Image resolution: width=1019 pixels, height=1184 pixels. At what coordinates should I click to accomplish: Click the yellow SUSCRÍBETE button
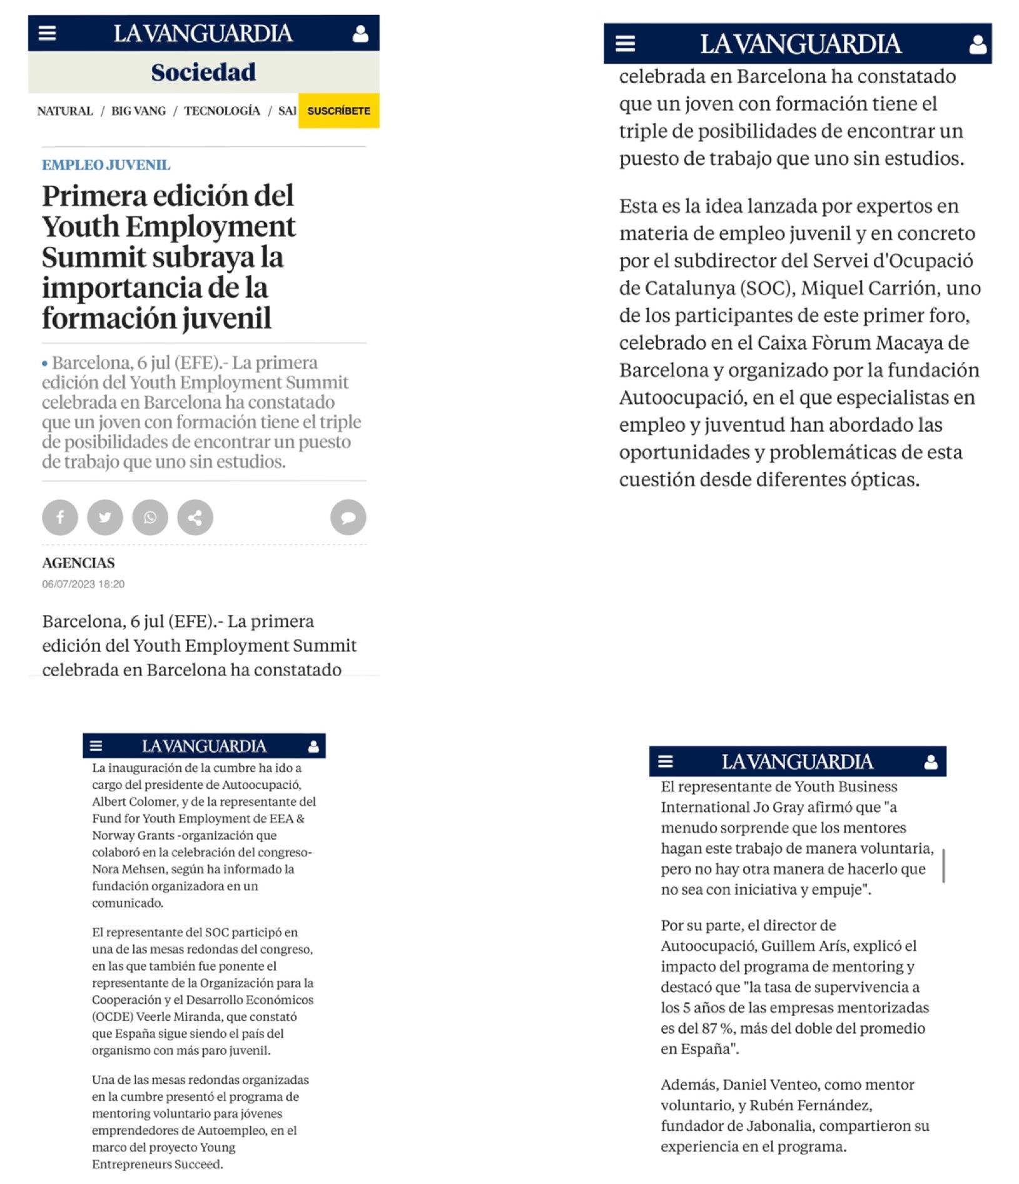click(338, 111)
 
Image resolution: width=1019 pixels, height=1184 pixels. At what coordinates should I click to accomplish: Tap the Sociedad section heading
click(203, 72)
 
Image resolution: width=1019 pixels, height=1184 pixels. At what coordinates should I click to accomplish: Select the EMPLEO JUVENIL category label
click(106, 165)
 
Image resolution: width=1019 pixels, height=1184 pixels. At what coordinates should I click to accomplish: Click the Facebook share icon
click(60, 517)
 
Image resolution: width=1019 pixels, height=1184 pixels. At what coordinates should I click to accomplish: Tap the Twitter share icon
click(105, 517)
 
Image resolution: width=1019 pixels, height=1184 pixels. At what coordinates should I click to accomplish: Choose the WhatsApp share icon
click(150, 517)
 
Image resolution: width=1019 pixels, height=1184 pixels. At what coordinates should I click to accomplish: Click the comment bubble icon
click(348, 517)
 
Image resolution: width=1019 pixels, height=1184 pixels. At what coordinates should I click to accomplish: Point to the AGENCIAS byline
click(78, 563)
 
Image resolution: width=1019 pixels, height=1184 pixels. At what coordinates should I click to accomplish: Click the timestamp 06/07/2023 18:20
click(83, 584)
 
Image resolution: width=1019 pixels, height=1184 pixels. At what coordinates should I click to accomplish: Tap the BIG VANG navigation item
click(138, 111)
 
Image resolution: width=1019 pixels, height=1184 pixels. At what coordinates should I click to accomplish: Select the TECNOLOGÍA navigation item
click(222, 111)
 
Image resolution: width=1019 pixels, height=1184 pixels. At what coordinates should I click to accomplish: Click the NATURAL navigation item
click(65, 111)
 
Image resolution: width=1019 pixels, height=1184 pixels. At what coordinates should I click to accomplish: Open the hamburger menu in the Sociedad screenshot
click(48, 33)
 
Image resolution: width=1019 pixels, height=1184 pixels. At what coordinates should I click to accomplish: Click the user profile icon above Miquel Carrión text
click(977, 44)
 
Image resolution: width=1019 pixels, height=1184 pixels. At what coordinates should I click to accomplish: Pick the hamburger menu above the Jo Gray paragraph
click(666, 761)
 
